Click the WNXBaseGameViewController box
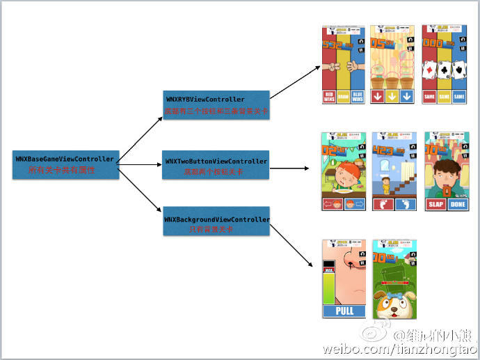point(63,164)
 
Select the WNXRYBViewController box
point(216,104)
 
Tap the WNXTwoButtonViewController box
point(216,165)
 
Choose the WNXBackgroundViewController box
point(216,224)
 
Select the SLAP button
point(435,204)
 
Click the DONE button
point(458,204)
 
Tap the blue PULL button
point(344,311)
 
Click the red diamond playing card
point(429,70)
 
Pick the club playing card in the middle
point(444,70)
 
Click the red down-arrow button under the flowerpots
point(377,97)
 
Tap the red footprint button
point(383,204)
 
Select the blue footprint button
point(406,204)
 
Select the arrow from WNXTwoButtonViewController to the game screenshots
point(289,168)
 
